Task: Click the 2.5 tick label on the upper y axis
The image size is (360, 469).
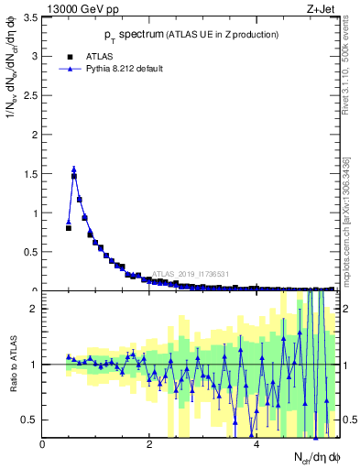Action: tap(29, 95)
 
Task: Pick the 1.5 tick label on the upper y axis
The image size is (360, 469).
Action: tap(29, 174)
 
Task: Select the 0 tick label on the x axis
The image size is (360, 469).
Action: tap(42, 445)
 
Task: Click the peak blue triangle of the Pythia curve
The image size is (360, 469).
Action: tap(74, 169)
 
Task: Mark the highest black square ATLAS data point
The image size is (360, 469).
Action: tap(74, 176)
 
